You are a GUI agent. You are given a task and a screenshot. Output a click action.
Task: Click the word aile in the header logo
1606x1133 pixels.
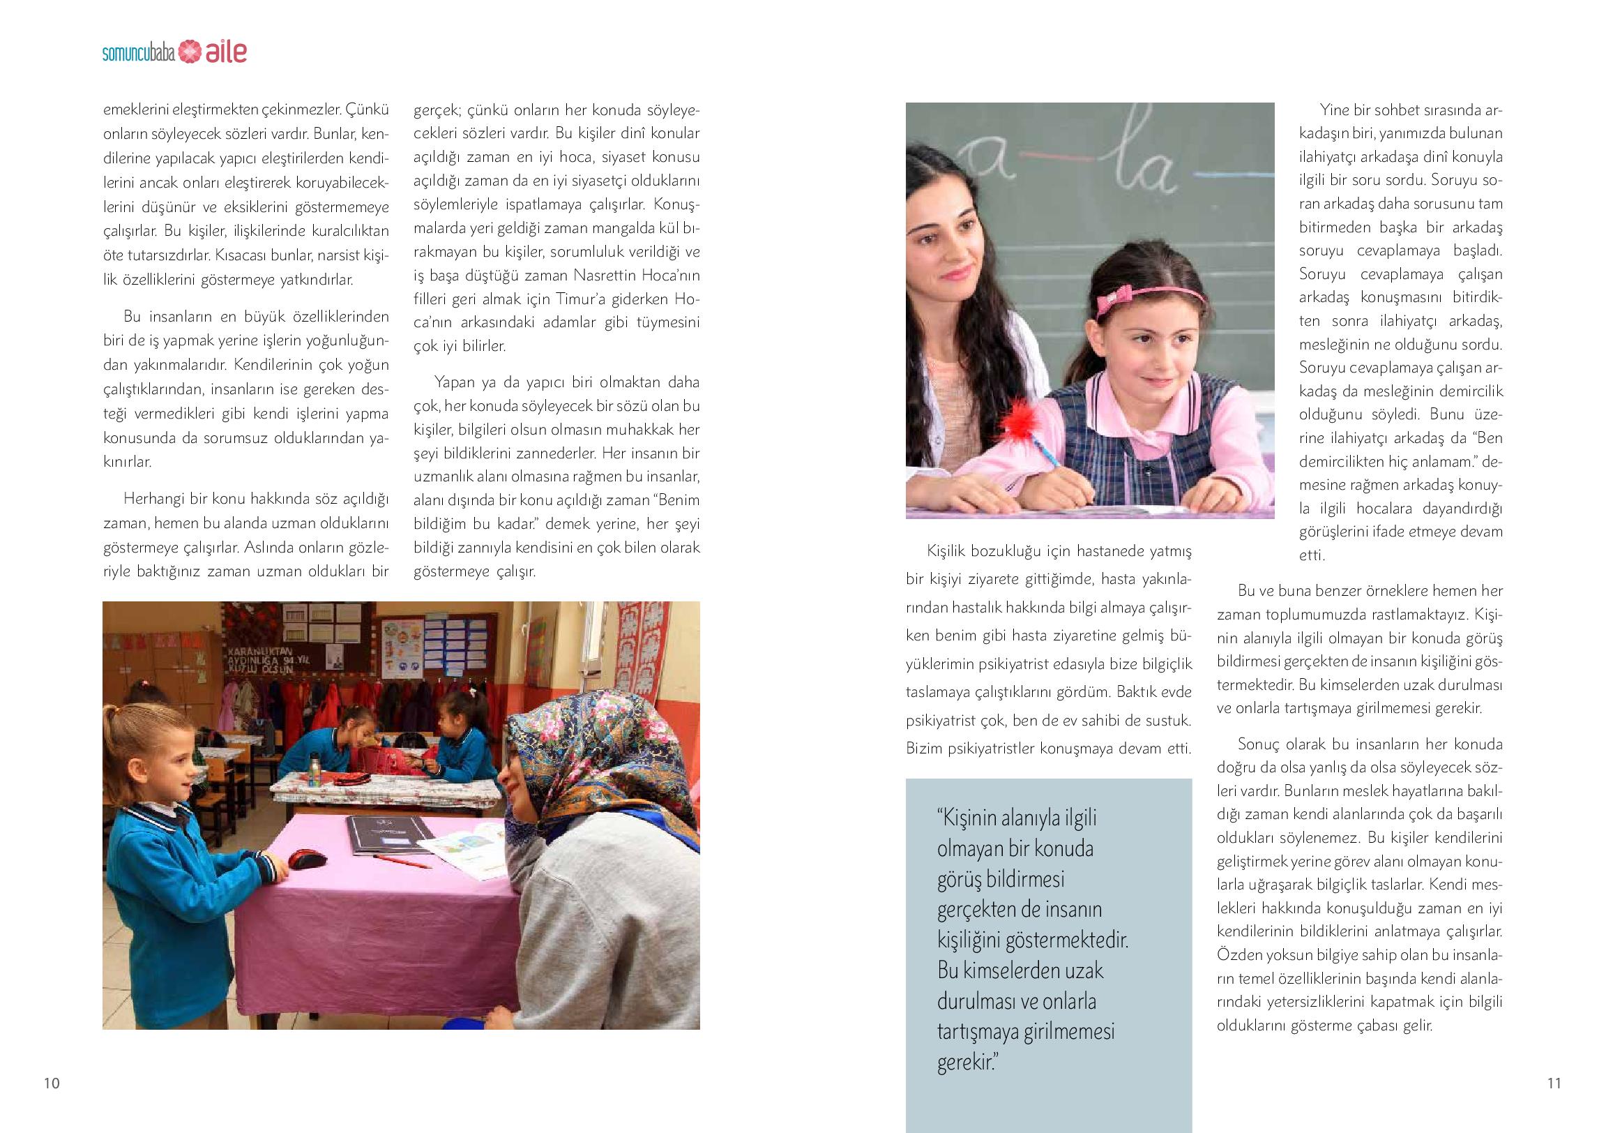(226, 52)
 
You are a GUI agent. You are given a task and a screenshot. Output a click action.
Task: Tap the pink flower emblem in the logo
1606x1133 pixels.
(189, 52)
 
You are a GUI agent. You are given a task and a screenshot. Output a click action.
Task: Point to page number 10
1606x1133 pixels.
(52, 1083)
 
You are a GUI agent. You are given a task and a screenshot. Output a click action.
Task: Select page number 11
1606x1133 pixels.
(1554, 1083)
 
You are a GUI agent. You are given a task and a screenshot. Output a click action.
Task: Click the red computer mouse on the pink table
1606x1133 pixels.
(307, 858)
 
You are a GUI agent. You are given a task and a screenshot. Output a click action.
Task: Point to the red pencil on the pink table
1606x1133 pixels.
(402, 861)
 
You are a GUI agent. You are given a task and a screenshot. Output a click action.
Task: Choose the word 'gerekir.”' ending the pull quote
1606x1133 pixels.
(967, 1063)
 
